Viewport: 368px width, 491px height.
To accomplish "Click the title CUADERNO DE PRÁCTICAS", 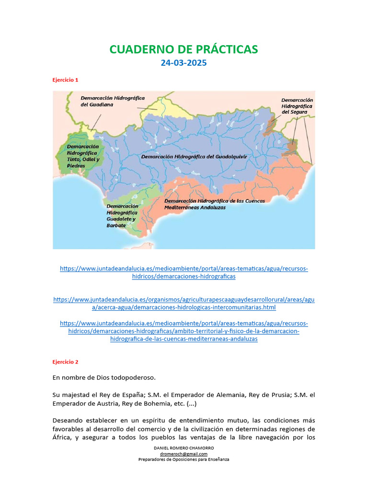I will pos(184,49).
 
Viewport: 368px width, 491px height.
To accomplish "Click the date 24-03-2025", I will pos(184,63).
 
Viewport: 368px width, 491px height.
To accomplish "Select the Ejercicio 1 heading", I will pos(65,80).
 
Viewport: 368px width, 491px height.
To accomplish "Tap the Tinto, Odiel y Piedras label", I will pos(83,156).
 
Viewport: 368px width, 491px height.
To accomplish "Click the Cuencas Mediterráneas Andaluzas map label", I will pos(214,204).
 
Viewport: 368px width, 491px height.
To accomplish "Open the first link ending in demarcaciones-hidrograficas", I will pos(184,273).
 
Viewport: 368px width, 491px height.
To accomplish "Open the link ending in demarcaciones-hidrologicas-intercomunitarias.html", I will pos(184,304).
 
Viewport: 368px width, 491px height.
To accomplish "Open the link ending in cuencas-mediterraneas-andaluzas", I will pos(184,331).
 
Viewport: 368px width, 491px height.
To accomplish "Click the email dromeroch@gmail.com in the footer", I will pos(184,454).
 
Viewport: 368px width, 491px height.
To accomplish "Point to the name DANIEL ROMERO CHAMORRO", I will pos(184,448).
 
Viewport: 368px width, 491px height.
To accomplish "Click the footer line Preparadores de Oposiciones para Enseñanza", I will pos(184,459).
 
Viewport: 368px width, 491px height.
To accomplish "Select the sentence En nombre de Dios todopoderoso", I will pos(103,378).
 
